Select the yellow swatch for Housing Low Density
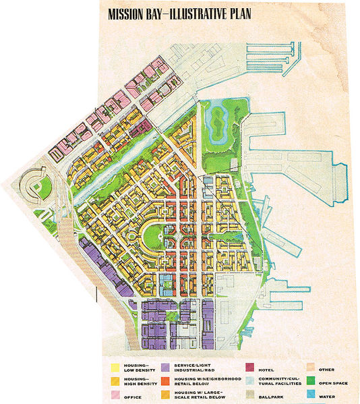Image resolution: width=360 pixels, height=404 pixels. (x=115, y=367)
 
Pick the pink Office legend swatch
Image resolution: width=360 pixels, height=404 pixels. (x=115, y=396)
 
